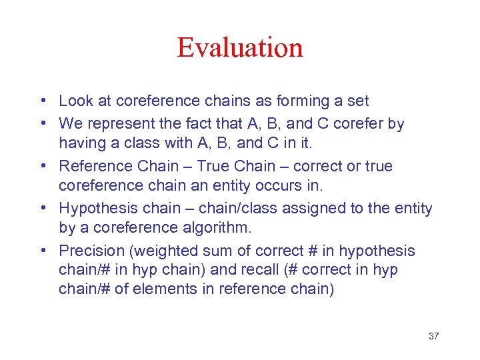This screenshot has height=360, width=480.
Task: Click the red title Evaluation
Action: [240, 48]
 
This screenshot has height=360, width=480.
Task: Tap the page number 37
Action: [433, 336]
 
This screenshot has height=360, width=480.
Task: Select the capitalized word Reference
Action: [93, 166]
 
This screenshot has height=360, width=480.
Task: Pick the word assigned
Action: [309, 209]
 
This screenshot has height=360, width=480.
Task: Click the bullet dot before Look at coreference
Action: [42, 101]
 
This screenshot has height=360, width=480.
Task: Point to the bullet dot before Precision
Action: [42, 251]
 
